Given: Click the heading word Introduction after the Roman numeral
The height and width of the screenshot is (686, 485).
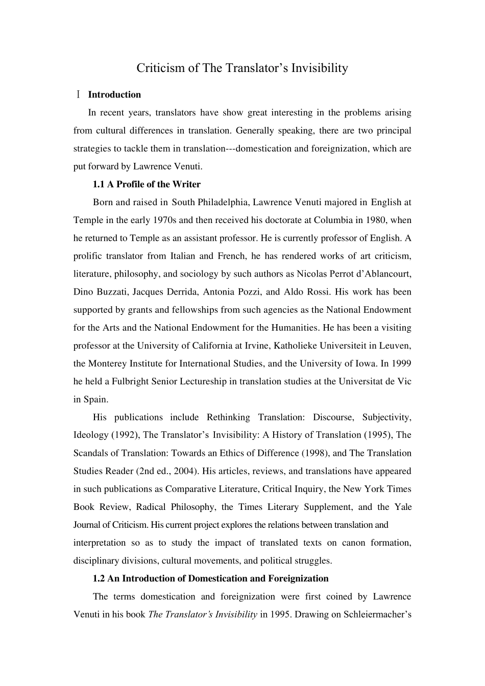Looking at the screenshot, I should pyautogui.click(x=114, y=94).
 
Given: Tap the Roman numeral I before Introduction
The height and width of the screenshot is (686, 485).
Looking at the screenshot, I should pyautogui.click(x=78, y=94).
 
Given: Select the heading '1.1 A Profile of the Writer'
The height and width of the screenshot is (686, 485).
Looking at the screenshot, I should pyautogui.click(x=147, y=184).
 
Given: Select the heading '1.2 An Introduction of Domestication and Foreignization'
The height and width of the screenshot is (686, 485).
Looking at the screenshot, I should pyautogui.click(x=210, y=578).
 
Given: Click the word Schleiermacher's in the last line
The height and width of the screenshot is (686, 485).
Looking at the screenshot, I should pyautogui.click(x=378, y=614).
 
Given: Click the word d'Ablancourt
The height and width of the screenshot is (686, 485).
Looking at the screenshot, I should pyautogui.click(x=383, y=274).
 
